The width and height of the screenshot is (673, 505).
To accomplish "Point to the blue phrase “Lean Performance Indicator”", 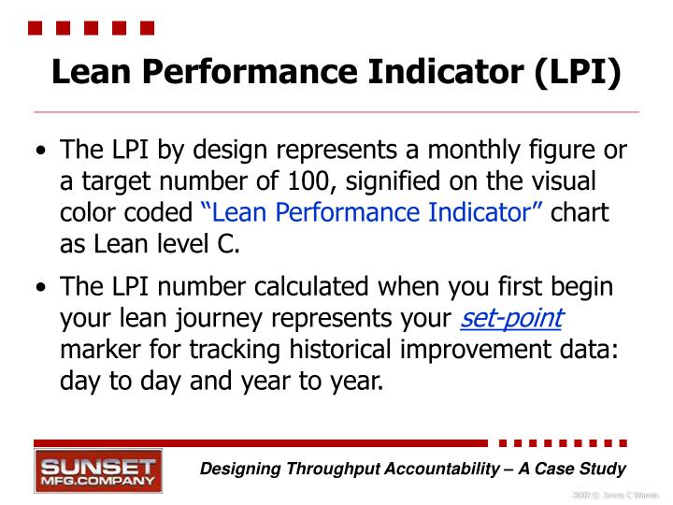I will pos(372,213).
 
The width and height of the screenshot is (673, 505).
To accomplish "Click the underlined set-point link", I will pos(511,319).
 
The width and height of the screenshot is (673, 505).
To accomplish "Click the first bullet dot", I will pos(39,152).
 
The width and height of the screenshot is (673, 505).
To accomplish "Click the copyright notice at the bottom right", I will pos(611,494).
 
